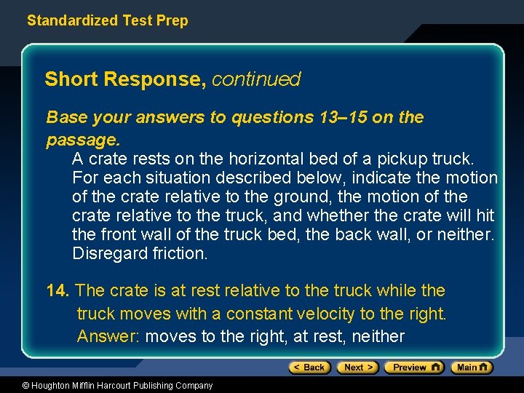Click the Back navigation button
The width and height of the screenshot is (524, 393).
[310, 368]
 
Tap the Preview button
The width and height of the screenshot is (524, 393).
[413, 368]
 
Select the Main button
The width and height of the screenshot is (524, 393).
[472, 368]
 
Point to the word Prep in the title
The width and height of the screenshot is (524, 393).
[172, 20]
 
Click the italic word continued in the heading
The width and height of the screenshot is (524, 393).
[256, 79]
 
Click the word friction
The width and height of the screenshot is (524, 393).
[180, 253]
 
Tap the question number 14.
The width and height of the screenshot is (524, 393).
[57, 291]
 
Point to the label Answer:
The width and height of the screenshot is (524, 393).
[109, 336]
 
